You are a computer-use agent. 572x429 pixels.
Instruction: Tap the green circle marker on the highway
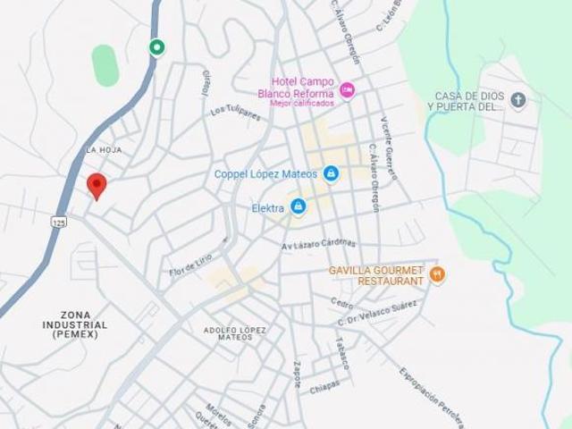tap(157, 47)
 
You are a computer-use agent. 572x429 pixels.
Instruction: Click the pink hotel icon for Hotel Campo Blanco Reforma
tap(348, 91)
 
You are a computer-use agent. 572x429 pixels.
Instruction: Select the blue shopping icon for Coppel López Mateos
tap(331, 172)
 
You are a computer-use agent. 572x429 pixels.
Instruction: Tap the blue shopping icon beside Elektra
tap(298, 207)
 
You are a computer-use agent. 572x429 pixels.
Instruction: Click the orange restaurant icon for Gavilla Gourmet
tap(437, 274)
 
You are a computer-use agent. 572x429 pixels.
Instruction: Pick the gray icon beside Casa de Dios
tap(519, 99)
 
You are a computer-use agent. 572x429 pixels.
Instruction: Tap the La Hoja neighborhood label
tap(104, 149)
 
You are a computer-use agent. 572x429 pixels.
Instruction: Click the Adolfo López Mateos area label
tap(235, 333)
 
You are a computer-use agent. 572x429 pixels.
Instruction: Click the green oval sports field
tap(105, 65)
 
